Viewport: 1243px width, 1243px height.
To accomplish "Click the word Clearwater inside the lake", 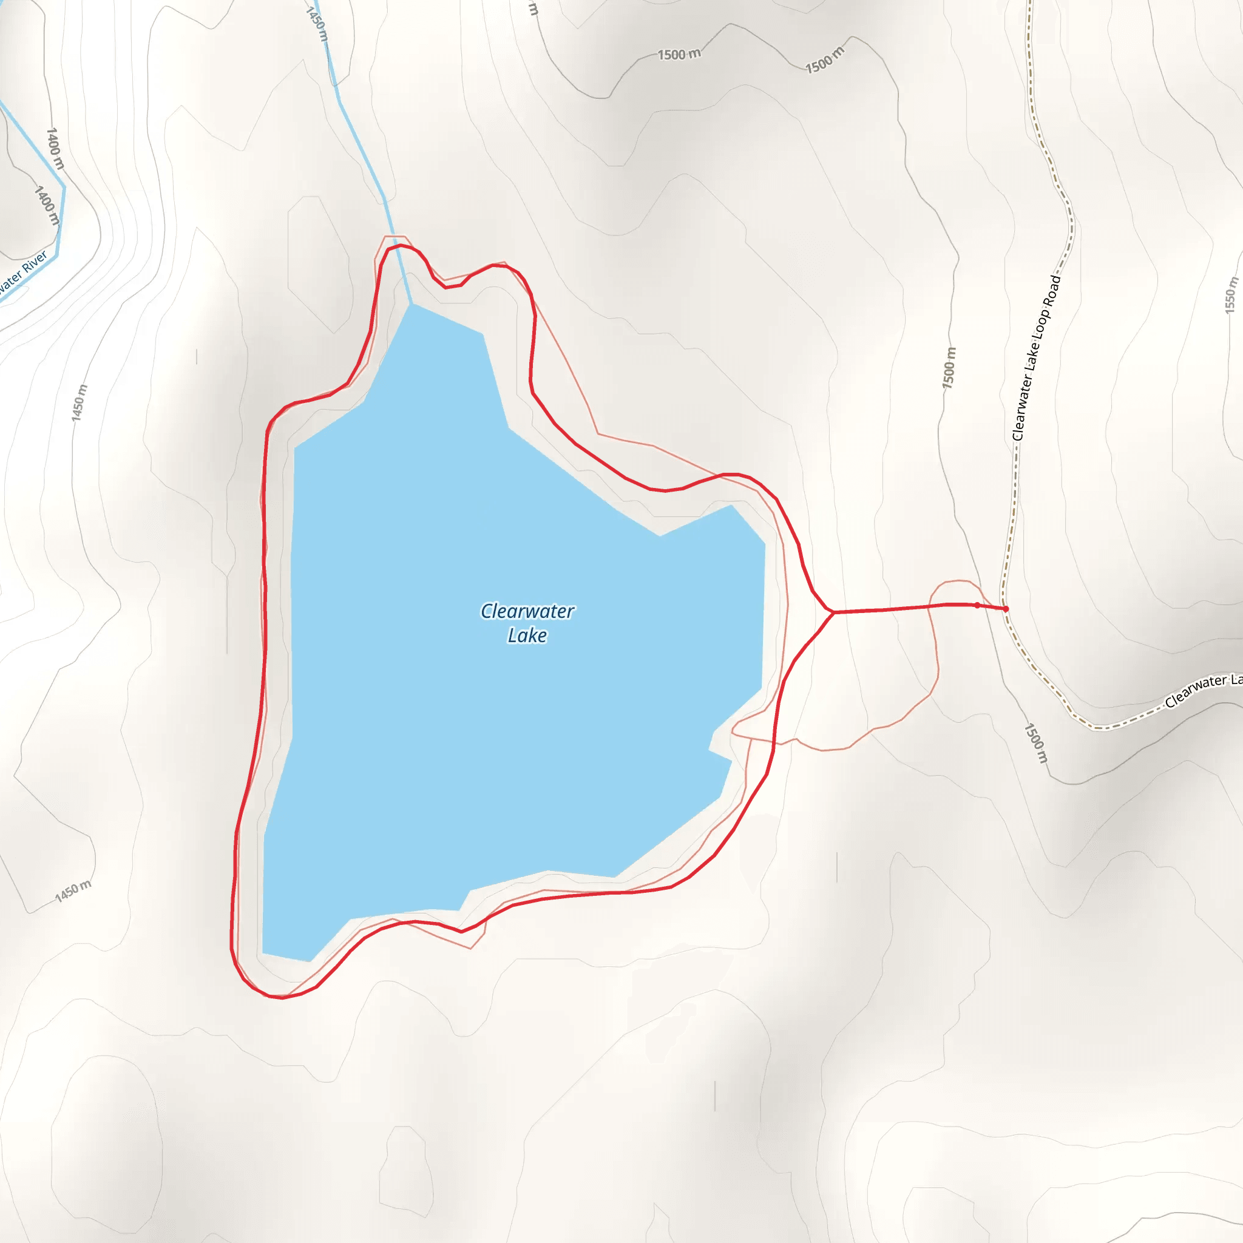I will [527, 611].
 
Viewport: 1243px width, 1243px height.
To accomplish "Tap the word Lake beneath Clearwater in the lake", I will [527, 635].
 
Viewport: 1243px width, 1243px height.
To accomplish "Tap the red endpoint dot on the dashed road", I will [1006, 609].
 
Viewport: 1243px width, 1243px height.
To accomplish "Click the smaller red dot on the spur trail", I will [977, 605].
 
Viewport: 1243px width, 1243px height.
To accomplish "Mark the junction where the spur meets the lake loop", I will [833, 612].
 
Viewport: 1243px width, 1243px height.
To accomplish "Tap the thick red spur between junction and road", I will [901, 608].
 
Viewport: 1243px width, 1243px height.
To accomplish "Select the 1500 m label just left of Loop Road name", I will [949, 368].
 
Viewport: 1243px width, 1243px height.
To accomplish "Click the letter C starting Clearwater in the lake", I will [486, 611].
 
